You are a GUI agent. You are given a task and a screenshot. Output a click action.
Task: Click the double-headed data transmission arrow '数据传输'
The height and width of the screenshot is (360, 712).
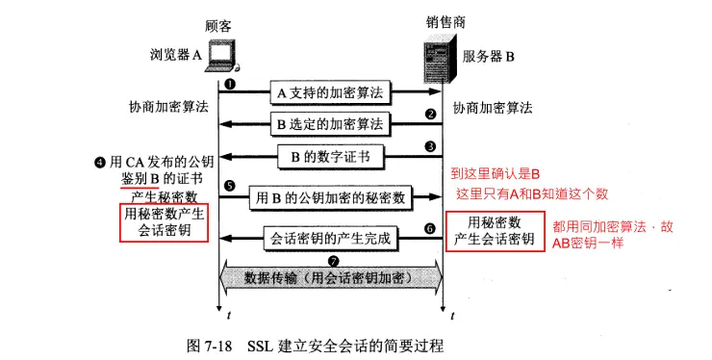333,277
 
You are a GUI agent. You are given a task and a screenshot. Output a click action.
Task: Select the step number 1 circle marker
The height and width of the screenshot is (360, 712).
230,84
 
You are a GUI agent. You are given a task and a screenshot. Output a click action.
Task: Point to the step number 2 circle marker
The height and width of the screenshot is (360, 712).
432,114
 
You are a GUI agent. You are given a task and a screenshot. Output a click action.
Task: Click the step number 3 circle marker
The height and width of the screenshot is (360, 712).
432,146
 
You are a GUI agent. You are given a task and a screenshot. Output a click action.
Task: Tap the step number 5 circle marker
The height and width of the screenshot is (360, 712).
230,186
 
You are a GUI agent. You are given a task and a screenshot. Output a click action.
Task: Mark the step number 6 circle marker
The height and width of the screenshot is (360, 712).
430,228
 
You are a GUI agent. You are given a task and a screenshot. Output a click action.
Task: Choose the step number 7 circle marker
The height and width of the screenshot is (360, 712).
333,261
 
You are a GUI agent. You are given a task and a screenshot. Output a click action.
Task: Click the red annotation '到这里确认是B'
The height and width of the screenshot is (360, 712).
496,173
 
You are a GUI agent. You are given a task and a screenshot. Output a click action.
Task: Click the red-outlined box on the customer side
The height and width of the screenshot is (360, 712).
163,223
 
